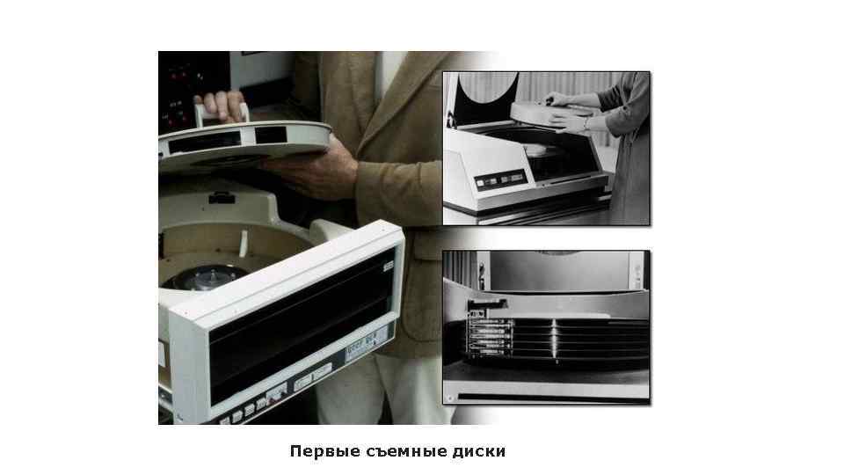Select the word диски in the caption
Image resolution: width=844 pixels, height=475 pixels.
(x=480, y=451)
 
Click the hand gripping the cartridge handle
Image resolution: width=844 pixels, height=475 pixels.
(x=223, y=106)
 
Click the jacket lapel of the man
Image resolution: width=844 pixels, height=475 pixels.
(x=374, y=106)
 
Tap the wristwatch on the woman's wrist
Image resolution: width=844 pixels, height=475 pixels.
(x=585, y=124)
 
